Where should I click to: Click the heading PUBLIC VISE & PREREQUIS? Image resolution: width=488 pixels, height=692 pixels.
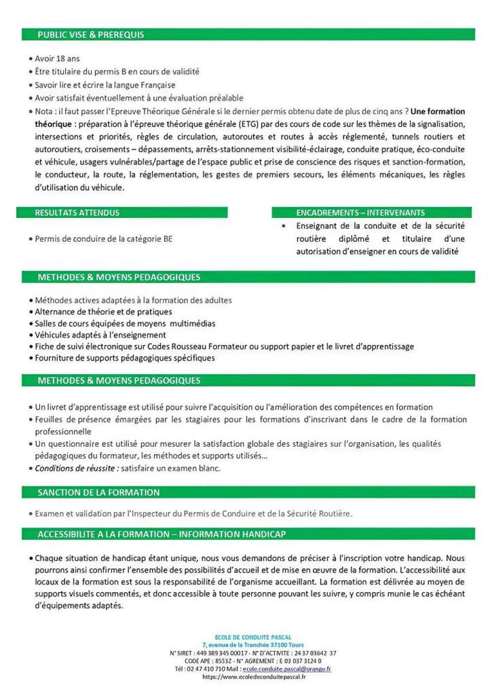pos(90,34)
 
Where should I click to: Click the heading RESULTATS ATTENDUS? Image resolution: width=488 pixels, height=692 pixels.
pos(77,213)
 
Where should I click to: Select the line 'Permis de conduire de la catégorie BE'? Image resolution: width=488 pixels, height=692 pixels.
pos(103,239)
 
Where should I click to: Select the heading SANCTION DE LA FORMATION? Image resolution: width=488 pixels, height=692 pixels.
pos(98,492)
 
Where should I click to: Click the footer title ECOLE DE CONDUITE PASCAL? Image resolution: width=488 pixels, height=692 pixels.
pos(254,636)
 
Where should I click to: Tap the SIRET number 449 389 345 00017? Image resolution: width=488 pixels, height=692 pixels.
pos(219,653)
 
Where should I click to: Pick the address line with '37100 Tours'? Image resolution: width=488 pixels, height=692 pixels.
pos(253,644)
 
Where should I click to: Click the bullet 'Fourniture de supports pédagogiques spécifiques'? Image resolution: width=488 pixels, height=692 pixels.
pos(125,358)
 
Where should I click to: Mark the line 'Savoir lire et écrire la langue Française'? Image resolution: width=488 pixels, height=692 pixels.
pos(105,85)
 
